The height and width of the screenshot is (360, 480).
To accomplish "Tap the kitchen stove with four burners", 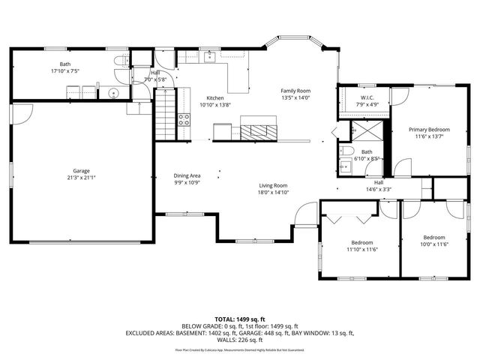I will (184, 118).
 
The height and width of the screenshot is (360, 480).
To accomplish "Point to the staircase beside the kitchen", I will (166, 113).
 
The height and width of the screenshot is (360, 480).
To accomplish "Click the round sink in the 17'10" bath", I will (112, 94).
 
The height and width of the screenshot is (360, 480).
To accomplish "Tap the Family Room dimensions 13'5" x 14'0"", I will (295, 97).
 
